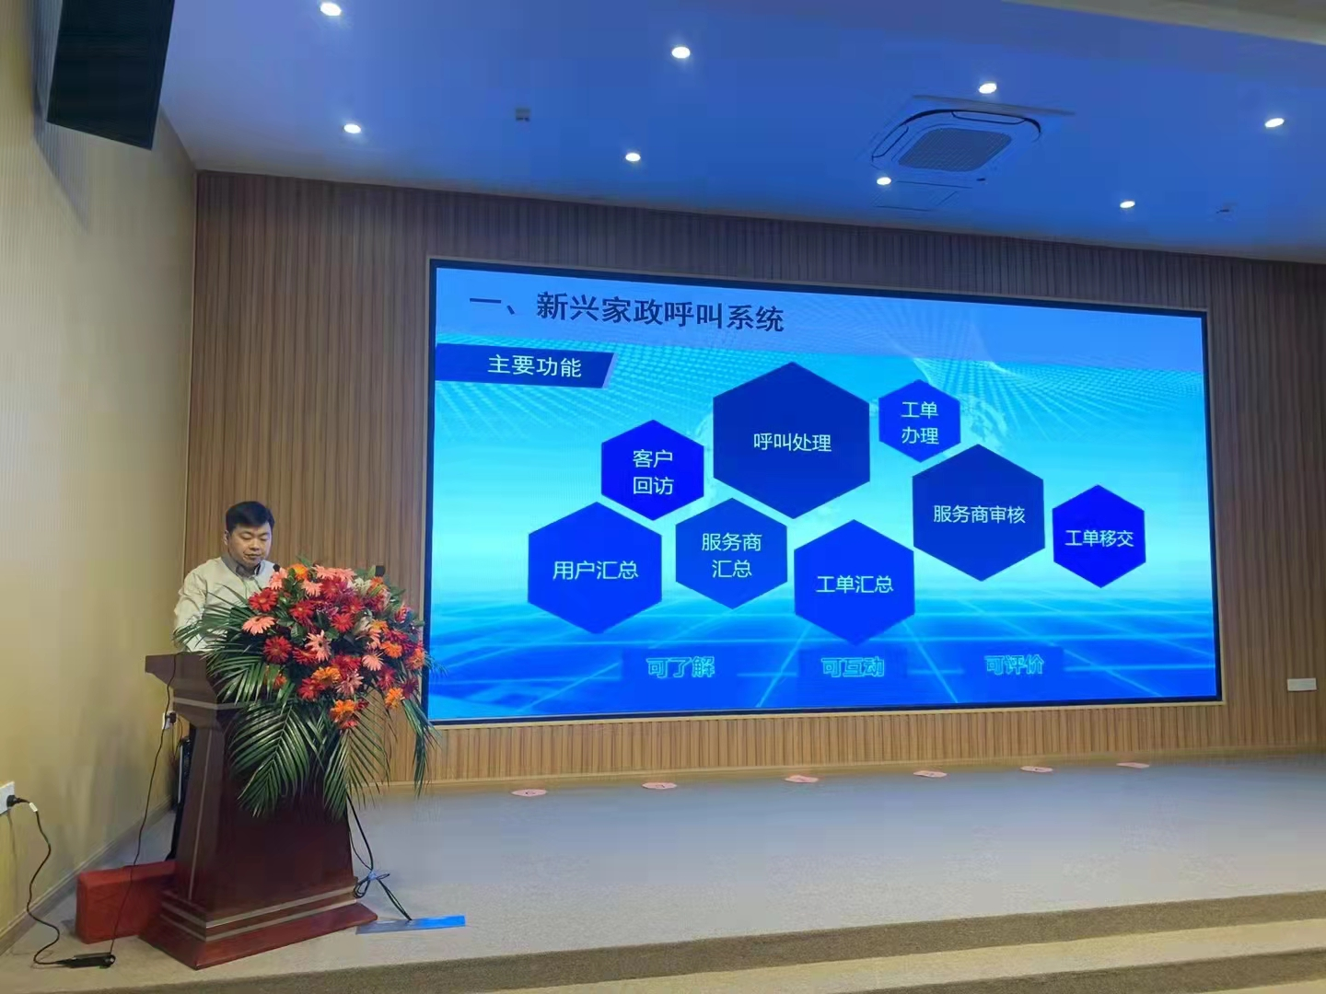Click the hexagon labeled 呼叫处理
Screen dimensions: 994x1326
pyautogui.click(x=791, y=441)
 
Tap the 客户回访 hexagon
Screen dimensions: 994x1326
pyautogui.click(x=652, y=470)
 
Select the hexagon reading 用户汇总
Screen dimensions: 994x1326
pyautogui.click(x=594, y=570)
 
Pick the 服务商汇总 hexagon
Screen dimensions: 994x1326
pyautogui.click(x=731, y=554)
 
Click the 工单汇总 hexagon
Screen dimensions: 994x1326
pyautogui.click(x=854, y=584)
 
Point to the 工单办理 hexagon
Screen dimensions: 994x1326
pyautogui.click(x=919, y=422)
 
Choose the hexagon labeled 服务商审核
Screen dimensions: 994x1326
pyautogui.click(x=978, y=514)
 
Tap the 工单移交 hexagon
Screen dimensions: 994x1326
pyautogui.click(x=1099, y=537)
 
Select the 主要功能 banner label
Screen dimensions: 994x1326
pyautogui.click(x=534, y=366)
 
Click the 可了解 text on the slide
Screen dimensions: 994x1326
pyautogui.click(x=680, y=666)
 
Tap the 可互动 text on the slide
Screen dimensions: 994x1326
pyautogui.click(x=852, y=665)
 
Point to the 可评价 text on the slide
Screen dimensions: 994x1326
pyautogui.click(x=1014, y=664)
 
